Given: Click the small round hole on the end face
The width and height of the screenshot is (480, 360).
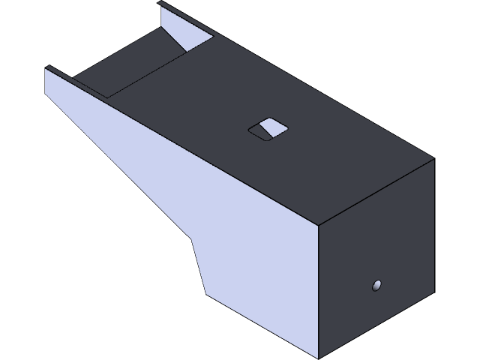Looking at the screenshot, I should click(377, 284).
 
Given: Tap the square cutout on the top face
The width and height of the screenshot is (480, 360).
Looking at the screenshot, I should click(268, 129).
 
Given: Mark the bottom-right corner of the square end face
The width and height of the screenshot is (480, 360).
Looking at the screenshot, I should click(434, 289).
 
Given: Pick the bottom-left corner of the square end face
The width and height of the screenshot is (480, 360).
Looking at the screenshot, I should click(318, 358).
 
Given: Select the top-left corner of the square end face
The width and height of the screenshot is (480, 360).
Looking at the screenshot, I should click(318, 224).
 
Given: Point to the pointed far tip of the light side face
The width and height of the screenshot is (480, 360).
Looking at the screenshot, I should click(46, 67).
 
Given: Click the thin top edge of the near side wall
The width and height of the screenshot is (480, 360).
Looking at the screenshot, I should click(75, 83).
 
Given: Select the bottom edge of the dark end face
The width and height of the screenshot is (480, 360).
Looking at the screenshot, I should click(376, 324).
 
